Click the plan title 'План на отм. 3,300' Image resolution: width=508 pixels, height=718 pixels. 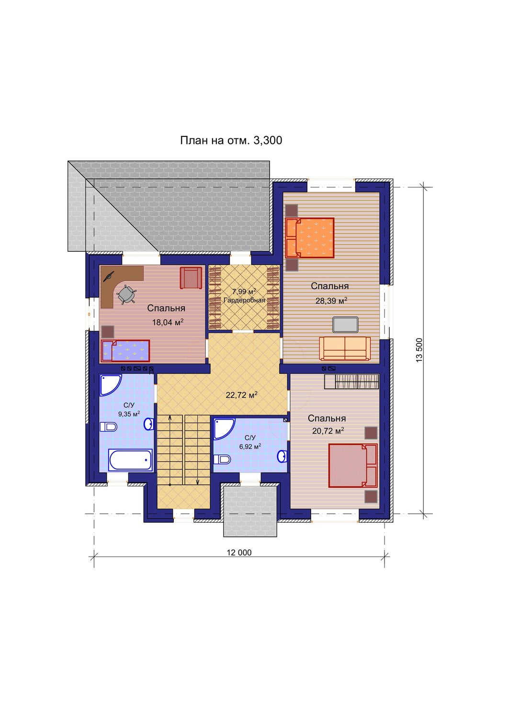tap(231, 140)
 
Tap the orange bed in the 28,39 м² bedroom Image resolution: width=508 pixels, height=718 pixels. tap(310, 238)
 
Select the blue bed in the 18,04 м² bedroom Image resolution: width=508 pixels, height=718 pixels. tap(125, 351)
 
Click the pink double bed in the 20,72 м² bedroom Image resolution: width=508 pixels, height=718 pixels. tap(353, 465)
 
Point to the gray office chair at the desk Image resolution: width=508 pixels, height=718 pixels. tap(126, 294)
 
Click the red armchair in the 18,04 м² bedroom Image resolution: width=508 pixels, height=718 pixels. tap(191, 278)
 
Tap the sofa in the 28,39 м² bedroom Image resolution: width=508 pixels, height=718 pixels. tap(345, 348)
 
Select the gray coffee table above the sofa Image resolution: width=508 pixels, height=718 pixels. tap(345, 325)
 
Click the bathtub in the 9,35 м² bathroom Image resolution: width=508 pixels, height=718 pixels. tap(131, 460)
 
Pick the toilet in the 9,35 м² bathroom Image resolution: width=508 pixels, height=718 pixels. tap(108, 427)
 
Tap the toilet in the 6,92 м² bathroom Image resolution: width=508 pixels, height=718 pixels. tap(222, 460)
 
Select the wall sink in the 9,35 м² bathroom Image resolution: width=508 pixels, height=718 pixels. tap(149, 424)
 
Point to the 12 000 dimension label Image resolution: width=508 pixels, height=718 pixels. tap(239, 552)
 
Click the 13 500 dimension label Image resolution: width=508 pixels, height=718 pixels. tap(419, 350)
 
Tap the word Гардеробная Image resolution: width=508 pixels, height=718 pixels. tap(244, 300)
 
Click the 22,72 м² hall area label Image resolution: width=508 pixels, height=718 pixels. tap(241, 395)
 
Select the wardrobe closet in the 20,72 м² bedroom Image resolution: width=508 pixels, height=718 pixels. tap(352, 381)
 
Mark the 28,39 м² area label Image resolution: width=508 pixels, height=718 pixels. tap(331, 300)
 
